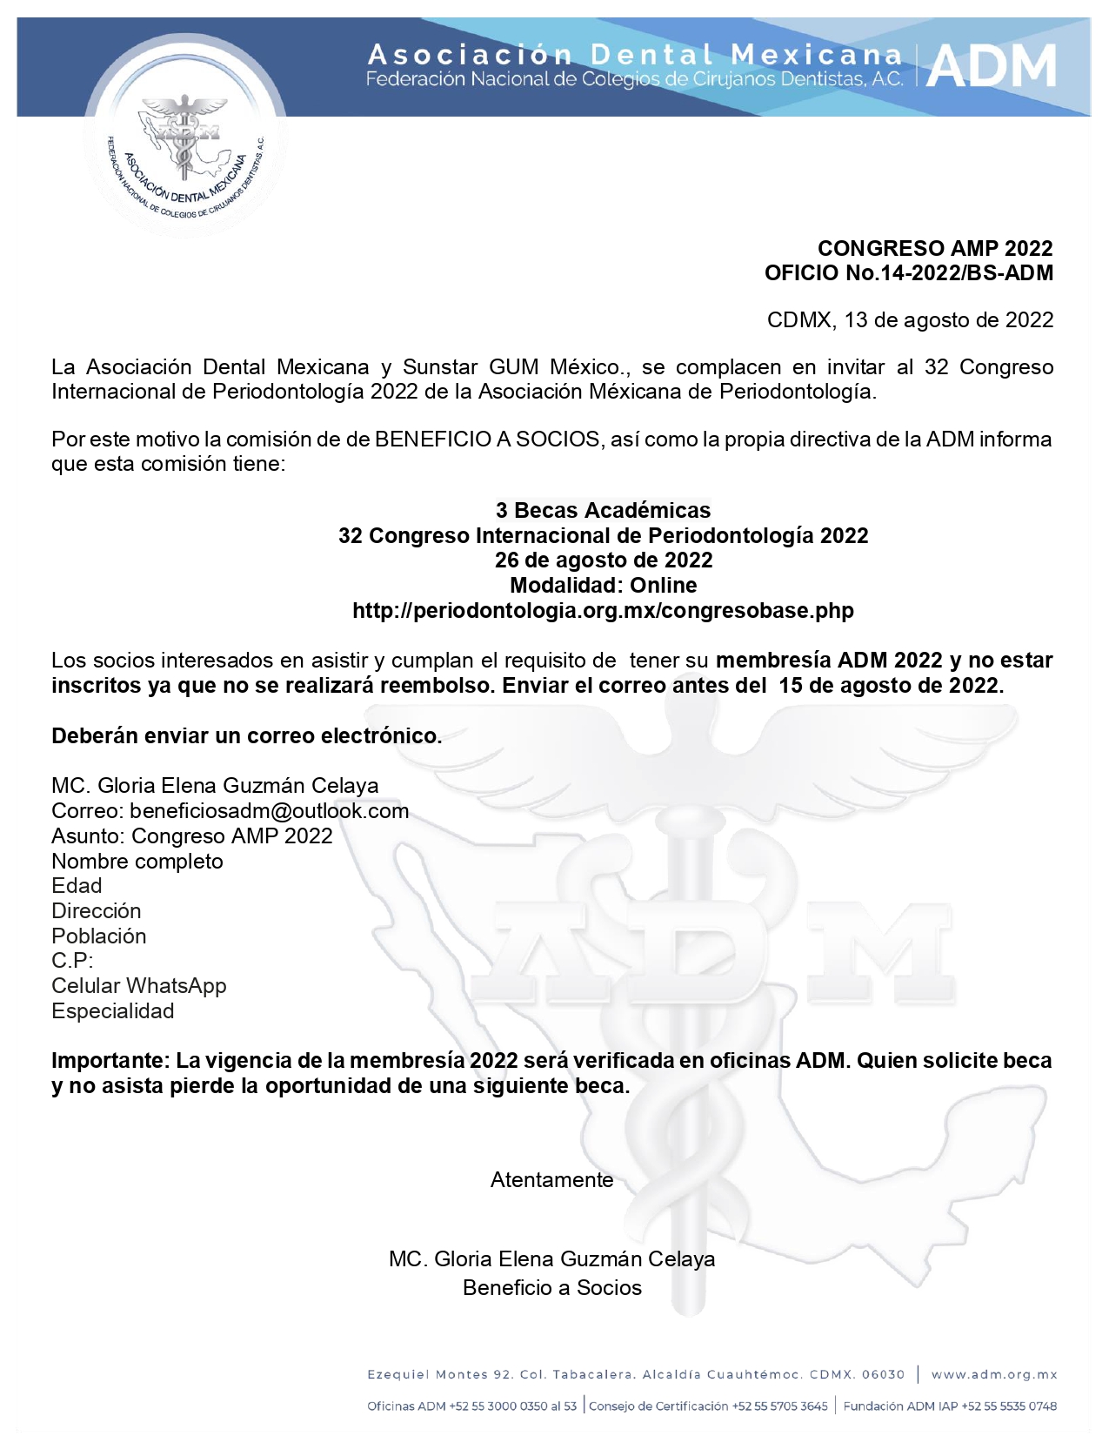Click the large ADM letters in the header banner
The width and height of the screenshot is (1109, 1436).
(x=991, y=67)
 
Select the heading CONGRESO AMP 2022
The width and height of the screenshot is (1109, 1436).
(x=935, y=249)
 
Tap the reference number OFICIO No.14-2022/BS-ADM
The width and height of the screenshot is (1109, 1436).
(x=908, y=273)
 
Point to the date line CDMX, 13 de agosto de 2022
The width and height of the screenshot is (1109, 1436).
(x=910, y=320)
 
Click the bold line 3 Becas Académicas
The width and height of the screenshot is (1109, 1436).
(x=603, y=510)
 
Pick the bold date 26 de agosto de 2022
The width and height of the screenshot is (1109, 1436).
(x=603, y=560)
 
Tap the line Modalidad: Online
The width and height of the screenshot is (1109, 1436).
(x=603, y=585)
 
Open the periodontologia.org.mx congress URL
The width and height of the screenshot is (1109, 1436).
(x=603, y=610)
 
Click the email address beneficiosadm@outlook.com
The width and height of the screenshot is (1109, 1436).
(x=269, y=811)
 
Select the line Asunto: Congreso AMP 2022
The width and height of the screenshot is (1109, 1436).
(x=192, y=836)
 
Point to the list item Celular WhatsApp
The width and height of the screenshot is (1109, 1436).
(x=139, y=986)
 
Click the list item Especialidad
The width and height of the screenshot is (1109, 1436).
(x=113, y=1011)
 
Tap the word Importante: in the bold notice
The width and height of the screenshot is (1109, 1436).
(x=110, y=1061)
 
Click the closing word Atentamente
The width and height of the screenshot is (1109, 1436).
(x=551, y=1180)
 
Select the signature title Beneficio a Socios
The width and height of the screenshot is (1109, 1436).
(x=551, y=1288)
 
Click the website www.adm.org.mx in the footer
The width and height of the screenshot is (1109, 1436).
(x=994, y=1375)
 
